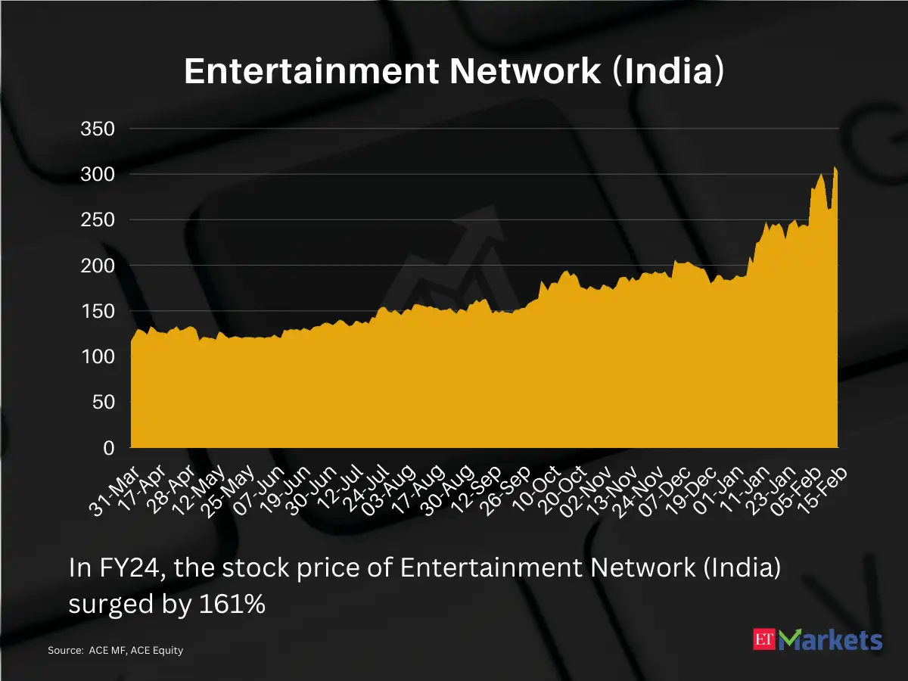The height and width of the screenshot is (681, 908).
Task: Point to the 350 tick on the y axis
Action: click(98, 129)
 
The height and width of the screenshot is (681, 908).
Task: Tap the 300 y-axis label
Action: click(98, 174)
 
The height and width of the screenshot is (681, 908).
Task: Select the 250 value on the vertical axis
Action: click(98, 219)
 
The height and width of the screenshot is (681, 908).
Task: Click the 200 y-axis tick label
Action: click(98, 266)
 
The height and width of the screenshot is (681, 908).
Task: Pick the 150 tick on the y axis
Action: click(98, 311)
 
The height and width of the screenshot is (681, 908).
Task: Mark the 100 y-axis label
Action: click(98, 356)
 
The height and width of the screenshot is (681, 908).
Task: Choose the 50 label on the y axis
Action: click(103, 402)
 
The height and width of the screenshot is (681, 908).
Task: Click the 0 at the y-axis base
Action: click(108, 448)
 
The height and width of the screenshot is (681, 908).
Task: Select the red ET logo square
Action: click(765, 640)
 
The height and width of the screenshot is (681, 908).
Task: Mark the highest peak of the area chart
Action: click(835, 167)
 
